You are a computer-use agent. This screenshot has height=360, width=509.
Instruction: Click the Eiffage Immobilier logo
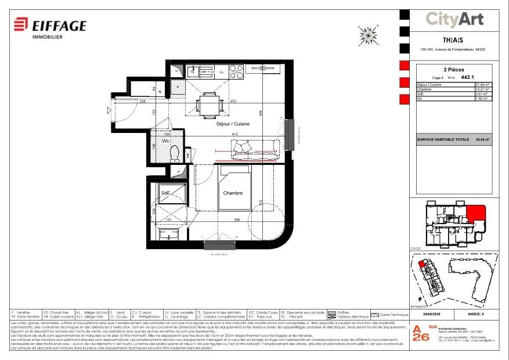point(50,26)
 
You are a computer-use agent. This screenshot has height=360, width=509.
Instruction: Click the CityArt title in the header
point(454,20)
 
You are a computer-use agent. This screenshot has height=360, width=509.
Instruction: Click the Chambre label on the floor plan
point(233,193)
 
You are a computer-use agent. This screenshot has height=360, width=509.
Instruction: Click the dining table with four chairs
point(208,106)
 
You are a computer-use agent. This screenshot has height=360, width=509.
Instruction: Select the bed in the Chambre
point(234,189)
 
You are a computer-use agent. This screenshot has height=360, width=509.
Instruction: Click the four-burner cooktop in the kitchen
point(236,71)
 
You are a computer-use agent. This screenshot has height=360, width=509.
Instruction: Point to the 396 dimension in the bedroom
point(237,220)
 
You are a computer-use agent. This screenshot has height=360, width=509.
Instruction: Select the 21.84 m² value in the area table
point(482,85)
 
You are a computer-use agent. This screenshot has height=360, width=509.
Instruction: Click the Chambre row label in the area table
point(425,89)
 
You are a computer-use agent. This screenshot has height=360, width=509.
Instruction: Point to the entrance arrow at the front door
point(109,110)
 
